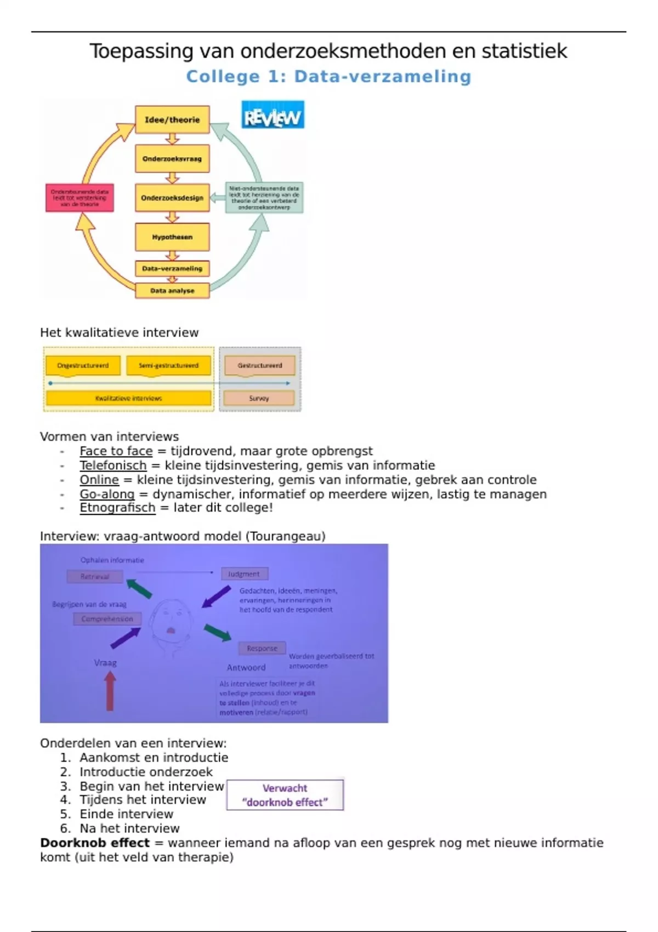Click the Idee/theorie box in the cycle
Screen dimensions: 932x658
[172, 120]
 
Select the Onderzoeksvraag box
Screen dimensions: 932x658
[172, 159]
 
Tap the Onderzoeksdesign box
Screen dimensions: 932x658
[172, 198]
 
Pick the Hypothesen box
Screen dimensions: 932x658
[172, 237]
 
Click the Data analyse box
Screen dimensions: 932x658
[172, 291]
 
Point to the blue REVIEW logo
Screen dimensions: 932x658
[273, 115]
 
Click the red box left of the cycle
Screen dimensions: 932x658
[80, 198]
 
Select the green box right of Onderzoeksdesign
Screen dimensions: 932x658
[264, 198]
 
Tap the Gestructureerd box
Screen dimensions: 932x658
[259, 366]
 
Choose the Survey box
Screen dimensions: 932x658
[259, 399]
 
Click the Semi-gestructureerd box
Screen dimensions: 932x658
[168, 366]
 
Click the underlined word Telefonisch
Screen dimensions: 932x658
[113, 465]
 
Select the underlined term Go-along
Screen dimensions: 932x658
[107, 494]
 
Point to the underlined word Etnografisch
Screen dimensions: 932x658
[117, 508]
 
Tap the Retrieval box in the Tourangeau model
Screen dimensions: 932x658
[95, 577]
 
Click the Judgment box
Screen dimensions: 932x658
[244, 574]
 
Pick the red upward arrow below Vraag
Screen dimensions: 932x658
[110, 692]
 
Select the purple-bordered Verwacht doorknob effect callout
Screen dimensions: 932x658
[285, 795]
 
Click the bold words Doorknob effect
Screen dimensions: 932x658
[95, 843]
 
